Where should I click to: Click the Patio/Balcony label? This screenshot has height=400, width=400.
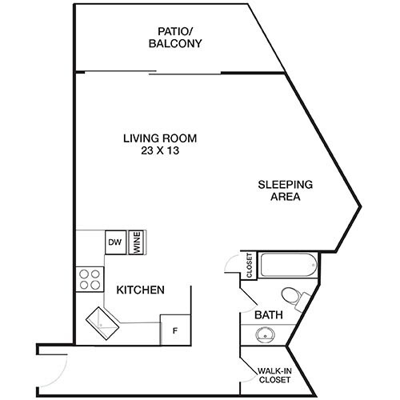174,38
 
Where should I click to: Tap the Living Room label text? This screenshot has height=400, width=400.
160,138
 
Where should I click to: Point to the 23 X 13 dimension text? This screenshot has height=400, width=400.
160,151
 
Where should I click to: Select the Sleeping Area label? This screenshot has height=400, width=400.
285,190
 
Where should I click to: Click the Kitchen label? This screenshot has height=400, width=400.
141,290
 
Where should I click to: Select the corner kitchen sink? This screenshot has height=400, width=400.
101,322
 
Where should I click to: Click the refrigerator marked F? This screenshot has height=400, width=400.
174,330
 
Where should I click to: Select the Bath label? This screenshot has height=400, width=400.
269,316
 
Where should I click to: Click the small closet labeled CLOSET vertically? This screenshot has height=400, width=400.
249,265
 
